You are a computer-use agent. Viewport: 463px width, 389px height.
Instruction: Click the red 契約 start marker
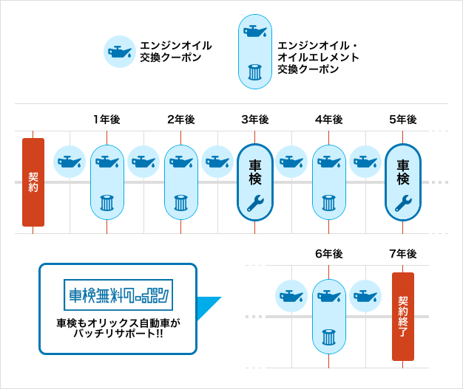[x=33, y=182]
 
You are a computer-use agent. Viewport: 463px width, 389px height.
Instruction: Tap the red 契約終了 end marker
[x=403, y=317]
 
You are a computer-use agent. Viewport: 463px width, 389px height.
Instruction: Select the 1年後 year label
[x=107, y=120]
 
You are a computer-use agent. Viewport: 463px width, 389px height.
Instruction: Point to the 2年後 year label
[x=180, y=120]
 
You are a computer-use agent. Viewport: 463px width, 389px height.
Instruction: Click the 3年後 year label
[x=254, y=120]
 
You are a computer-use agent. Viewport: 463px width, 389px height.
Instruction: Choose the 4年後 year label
[x=328, y=120]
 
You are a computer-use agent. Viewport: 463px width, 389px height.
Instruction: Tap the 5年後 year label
[x=402, y=120]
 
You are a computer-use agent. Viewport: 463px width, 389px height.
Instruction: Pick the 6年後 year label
[x=328, y=254]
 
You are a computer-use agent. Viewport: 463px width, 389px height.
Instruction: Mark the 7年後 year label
[x=402, y=254]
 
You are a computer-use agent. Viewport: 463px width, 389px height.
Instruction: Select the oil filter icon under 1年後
[x=107, y=202]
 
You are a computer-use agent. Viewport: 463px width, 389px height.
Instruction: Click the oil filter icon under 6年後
[x=329, y=337]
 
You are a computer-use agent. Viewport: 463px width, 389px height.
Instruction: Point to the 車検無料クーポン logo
[x=118, y=295]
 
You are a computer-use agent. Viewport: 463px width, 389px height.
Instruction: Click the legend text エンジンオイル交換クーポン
[x=175, y=51]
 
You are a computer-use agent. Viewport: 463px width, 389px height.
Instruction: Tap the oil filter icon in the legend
[x=255, y=72]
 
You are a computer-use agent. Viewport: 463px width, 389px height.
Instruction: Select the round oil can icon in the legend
[x=119, y=52]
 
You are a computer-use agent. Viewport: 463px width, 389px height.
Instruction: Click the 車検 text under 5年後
[x=403, y=171]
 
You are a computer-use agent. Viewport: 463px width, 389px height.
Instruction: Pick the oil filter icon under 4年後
[x=329, y=202]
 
